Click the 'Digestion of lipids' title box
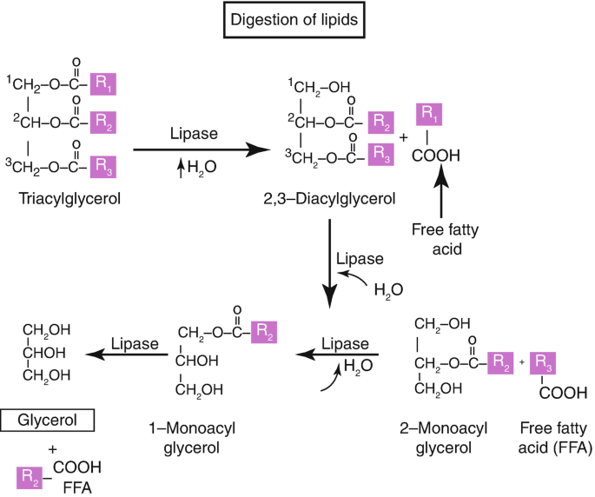pyautogui.click(x=294, y=20)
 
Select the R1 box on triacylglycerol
pyautogui.click(x=102, y=84)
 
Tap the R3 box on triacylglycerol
pyautogui.click(x=102, y=167)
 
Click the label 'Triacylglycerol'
pyautogui.click(x=69, y=199)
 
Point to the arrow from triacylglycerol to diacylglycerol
pyautogui.click(x=202, y=149)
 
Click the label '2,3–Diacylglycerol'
pyautogui.click(x=329, y=199)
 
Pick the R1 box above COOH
pyautogui.click(x=429, y=114)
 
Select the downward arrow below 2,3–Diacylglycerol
pyautogui.click(x=329, y=264)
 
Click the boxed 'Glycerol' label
pyautogui.click(x=48, y=421)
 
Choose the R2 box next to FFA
pyautogui.click(x=30, y=478)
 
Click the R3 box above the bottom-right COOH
pyautogui.click(x=543, y=363)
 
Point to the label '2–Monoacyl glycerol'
pyautogui.click(x=443, y=438)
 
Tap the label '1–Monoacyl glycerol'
pyautogui.click(x=192, y=438)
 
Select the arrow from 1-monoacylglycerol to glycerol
pyautogui.click(x=127, y=355)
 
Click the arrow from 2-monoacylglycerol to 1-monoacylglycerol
pyautogui.click(x=337, y=355)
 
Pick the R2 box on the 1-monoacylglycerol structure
pyautogui.click(x=264, y=332)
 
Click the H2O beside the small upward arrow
pyautogui.click(x=202, y=167)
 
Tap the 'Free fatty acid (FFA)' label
pyautogui.click(x=555, y=438)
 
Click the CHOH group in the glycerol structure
pyautogui.click(x=44, y=353)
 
